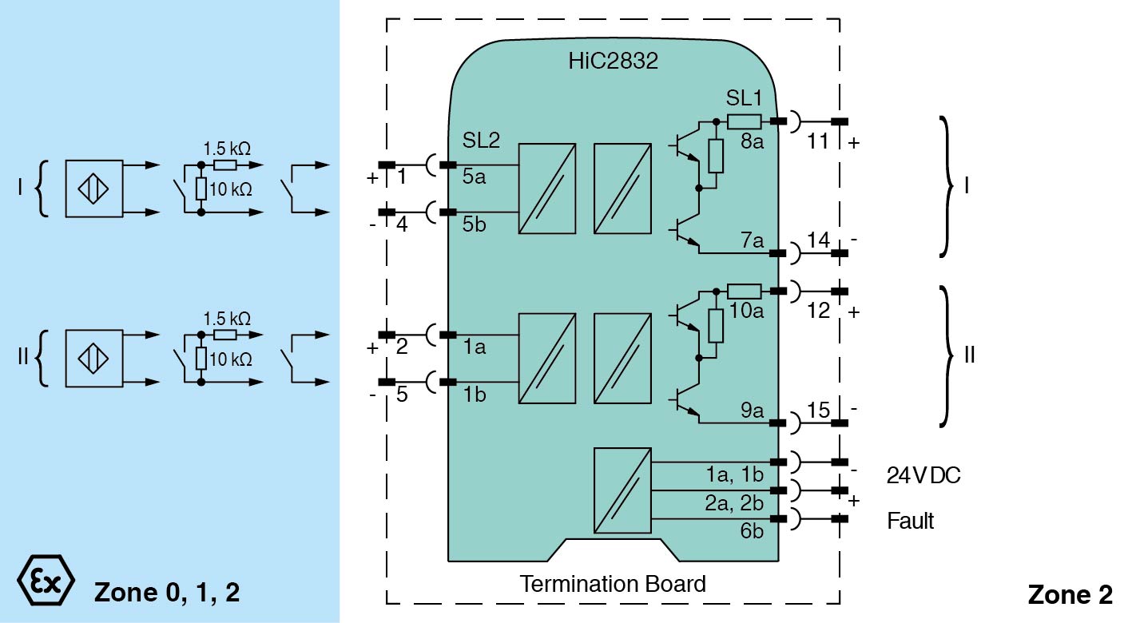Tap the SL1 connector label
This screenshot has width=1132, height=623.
coord(745,100)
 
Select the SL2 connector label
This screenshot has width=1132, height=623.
coord(481,141)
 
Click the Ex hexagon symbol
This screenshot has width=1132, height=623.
coord(46,581)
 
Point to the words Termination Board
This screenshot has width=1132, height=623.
coord(613,584)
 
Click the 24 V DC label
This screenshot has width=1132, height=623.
coord(923,476)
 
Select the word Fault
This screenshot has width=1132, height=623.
coord(911,522)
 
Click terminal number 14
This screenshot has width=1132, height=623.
coord(818,240)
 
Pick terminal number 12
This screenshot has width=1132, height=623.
coord(818,311)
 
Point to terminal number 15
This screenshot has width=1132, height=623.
coord(818,410)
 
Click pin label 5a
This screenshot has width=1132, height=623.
coord(474,177)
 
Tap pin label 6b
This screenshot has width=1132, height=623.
coord(752,530)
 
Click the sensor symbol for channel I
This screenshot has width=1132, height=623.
coord(94,188)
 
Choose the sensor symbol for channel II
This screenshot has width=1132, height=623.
coord(94,358)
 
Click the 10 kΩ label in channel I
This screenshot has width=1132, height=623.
coord(232,189)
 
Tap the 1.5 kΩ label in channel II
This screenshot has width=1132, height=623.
coord(227,318)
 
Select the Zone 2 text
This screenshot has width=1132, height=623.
coord(1069,595)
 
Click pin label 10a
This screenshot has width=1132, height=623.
coord(746,311)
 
